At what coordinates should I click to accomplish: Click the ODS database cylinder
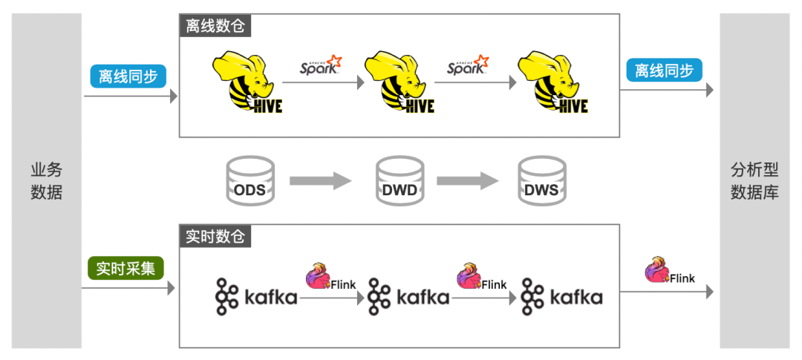(x=249, y=181)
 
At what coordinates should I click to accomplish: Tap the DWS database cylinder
(x=541, y=181)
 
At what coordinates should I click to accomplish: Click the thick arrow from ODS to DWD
(x=320, y=180)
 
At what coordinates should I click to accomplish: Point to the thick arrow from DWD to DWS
(x=467, y=180)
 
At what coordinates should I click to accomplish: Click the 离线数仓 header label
(x=215, y=25)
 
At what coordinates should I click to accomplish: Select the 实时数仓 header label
(x=215, y=237)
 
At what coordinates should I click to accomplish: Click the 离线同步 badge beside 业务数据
(x=128, y=76)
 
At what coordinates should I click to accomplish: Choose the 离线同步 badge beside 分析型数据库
(x=664, y=71)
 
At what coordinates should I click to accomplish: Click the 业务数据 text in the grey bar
(x=46, y=181)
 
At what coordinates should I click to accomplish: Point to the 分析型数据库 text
(x=754, y=181)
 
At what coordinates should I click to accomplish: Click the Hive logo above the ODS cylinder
(x=247, y=82)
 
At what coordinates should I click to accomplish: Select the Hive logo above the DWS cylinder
(x=552, y=82)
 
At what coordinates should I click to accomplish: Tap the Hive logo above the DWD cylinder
(x=399, y=82)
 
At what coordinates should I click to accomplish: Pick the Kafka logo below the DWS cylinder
(x=561, y=297)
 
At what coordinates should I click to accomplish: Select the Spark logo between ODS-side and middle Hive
(x=321, y=65)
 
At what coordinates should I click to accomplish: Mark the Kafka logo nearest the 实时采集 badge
(x=256, y=297)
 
